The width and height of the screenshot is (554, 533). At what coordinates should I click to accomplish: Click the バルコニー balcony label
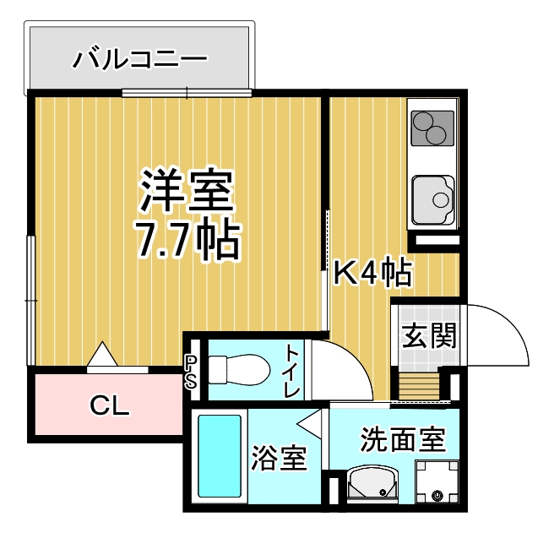[140, 58]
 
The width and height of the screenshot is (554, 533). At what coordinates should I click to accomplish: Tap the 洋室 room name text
[187, 190]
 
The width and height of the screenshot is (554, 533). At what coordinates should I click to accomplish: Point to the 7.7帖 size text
[188, 240]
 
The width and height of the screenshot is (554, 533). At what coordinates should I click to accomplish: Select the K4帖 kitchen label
[372, 273]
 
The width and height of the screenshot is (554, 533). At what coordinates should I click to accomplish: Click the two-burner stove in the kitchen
[432, 128]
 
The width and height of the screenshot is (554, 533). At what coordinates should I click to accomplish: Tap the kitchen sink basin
[432, 200]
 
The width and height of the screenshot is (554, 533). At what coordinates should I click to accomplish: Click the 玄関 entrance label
[430, 335]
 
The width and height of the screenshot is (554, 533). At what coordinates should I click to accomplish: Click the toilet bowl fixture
[239, 370]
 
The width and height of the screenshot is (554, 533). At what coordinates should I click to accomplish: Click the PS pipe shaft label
[191, 372]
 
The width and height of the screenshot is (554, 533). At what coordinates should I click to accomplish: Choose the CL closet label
[110, 405]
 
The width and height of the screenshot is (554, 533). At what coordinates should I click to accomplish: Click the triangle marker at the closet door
[102, 354]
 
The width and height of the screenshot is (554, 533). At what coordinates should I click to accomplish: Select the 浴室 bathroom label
[279, 458]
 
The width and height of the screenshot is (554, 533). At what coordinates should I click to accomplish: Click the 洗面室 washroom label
[403, 440]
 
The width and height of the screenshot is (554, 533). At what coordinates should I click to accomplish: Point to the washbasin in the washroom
[372, 483]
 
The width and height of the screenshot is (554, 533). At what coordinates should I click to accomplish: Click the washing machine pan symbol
[437, 481]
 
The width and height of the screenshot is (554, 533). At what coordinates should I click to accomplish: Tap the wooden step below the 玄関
[419, 386]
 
